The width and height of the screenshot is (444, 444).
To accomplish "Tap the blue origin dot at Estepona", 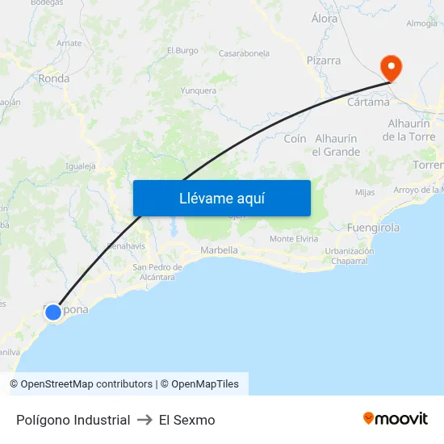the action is [53, 312].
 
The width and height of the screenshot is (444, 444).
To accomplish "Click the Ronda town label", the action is [54, 79].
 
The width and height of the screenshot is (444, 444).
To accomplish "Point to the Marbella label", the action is [219, 250].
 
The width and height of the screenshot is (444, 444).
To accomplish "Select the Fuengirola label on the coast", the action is [373, 228].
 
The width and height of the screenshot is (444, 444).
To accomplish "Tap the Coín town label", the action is [295, 139].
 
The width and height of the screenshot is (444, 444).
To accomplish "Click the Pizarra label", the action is [323, 61].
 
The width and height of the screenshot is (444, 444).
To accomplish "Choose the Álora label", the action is [325, 17].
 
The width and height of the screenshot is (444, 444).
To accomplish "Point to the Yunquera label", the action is [199, 90].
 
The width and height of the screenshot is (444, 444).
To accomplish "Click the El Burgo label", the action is [182, 50].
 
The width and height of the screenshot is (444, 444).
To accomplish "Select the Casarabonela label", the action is [244, 53].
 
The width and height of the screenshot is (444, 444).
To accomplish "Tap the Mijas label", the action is [365, 192].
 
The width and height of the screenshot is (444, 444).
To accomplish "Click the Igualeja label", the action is [81, 166].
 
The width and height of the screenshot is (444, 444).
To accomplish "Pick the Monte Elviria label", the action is [293, 239].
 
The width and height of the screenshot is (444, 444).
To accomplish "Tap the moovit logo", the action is [395, 419].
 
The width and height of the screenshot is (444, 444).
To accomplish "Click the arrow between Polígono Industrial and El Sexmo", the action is [145, 420].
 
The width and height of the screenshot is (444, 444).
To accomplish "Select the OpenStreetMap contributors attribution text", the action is [81, 384].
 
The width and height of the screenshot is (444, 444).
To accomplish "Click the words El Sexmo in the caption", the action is [186, 420].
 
